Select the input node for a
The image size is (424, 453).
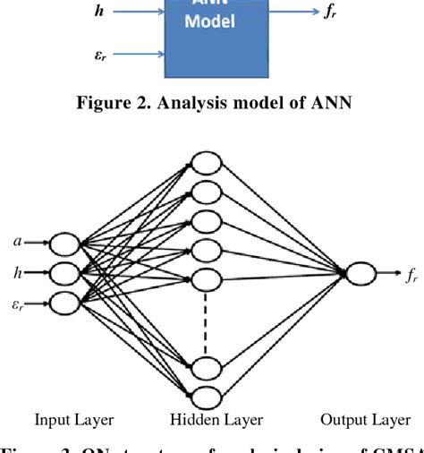coord(64,243)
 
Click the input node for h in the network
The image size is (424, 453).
coord(64,271)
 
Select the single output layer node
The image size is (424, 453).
coord(360,275)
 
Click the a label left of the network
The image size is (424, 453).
coord(17,241)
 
